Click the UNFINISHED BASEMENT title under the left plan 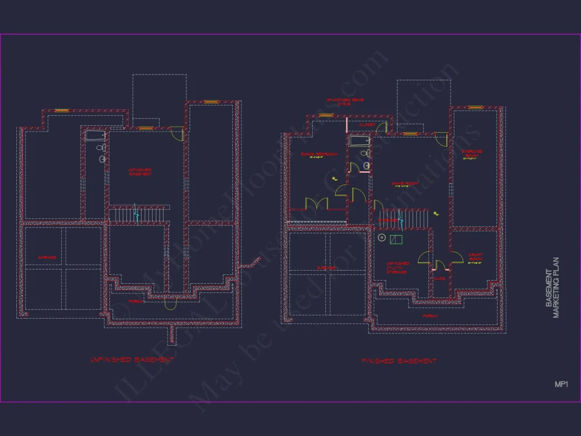132,359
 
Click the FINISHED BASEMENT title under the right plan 399,361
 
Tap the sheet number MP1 561,384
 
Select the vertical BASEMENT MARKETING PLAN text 552,287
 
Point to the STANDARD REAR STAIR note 345,101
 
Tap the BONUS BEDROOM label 319,155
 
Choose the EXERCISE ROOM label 474,153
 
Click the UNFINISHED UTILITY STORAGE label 397,267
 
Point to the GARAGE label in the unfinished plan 48,257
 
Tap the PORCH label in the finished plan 430,316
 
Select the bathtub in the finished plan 359,141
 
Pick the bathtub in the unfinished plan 96,136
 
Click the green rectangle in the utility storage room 396,239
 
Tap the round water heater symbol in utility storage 382,238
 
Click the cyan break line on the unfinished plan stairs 136,214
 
